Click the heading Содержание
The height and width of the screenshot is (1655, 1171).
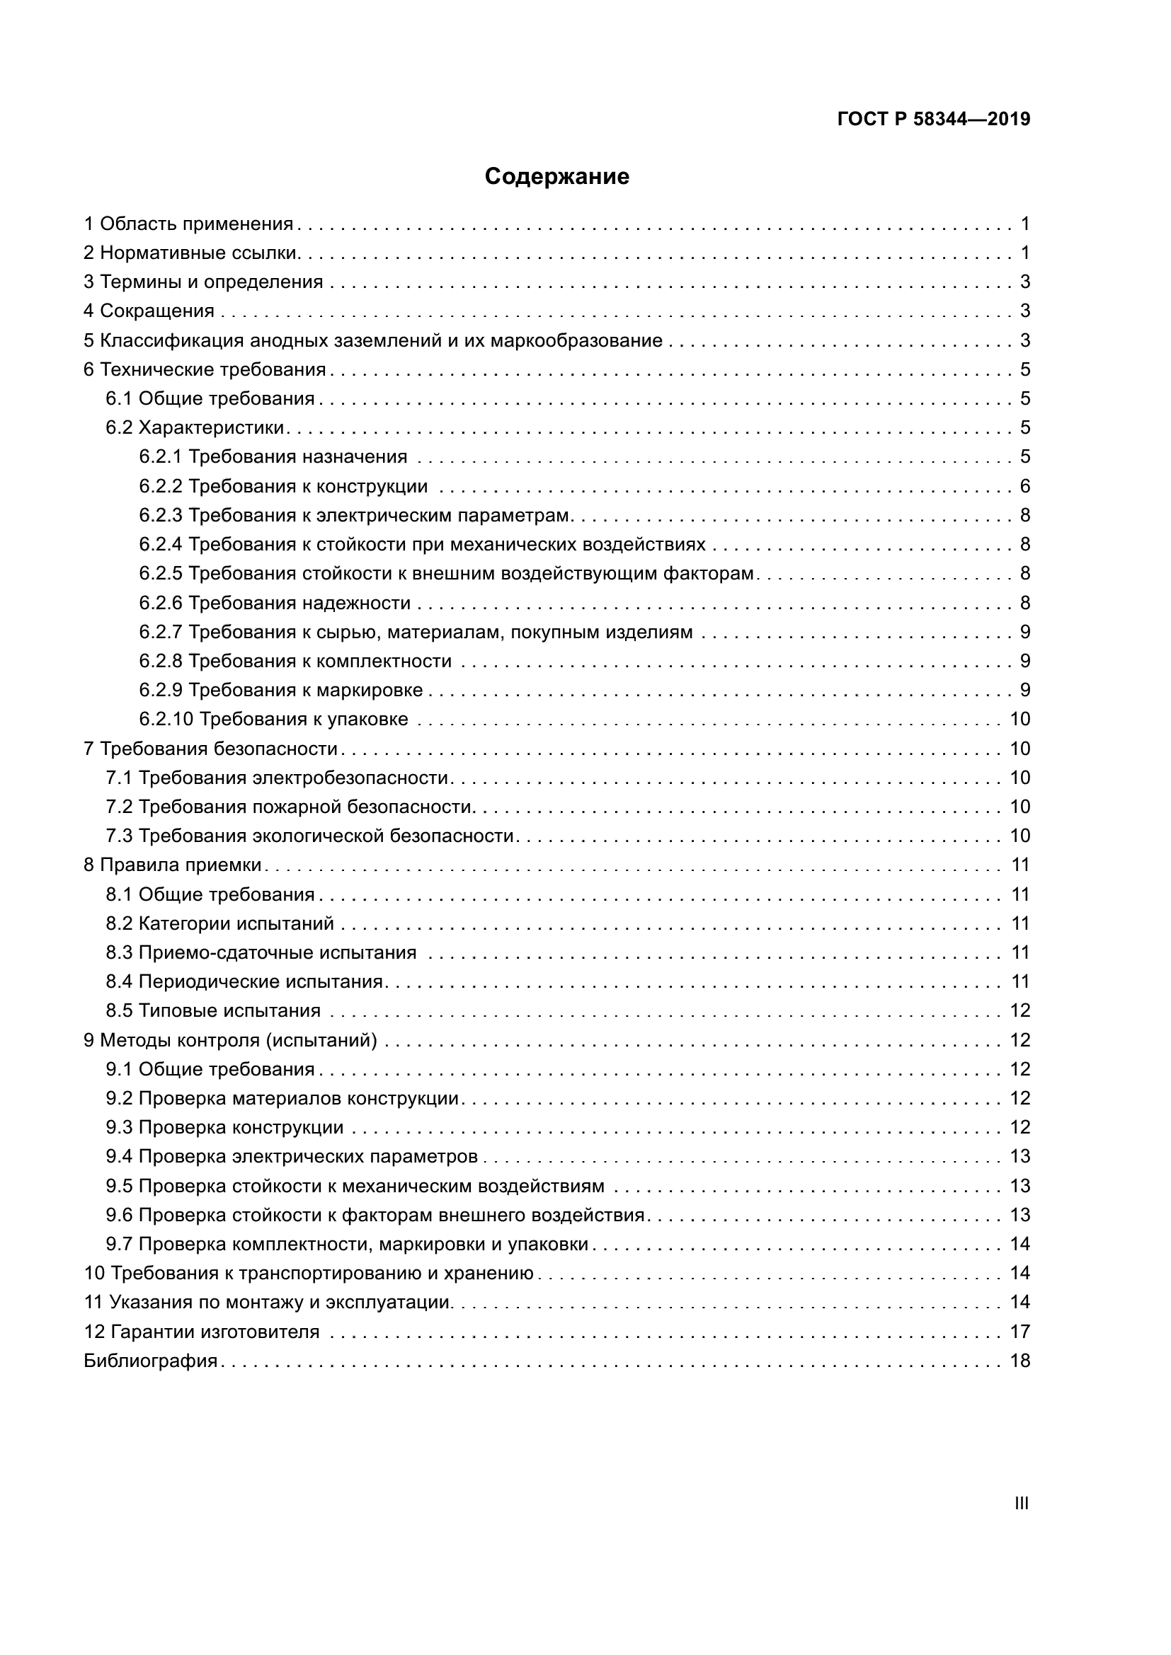click(x=556, y=177)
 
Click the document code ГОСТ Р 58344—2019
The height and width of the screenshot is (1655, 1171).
click(x=934, y=120)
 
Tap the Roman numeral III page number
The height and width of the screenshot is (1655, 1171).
click(x=1021, y=1504)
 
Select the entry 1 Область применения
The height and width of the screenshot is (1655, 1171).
click(x=189, y=224)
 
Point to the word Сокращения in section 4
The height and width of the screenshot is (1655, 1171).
click(x=157, y=311)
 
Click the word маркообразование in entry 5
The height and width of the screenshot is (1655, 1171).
click(x=576, y=340)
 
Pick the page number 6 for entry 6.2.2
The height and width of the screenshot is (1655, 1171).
click(x=1024, y=487)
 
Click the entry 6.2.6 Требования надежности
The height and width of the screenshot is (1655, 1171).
click(x=275, y=604)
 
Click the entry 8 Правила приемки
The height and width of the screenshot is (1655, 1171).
click(x=173, y=865)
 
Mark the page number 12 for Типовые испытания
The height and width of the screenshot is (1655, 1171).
click(x=1020, y=1010)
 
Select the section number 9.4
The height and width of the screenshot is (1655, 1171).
click(x=119, y=1157)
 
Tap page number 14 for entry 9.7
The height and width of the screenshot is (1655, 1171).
click(x=1020, y=1244)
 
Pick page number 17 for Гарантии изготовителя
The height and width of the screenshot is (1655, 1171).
click(x=1020, y=1332)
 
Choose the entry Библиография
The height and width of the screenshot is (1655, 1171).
click(x=151, y=1361)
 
